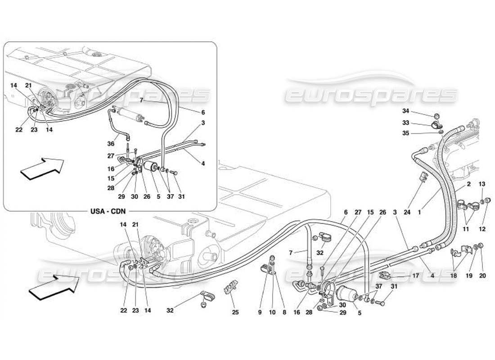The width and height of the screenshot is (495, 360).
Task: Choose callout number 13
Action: click(481, 184)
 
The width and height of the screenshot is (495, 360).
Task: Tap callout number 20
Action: click(482, 275)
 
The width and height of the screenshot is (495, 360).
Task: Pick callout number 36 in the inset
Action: click(111, 144)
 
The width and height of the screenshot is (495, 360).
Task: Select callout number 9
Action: click(260, 311)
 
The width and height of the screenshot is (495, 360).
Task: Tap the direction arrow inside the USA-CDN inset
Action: click(41, 168)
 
